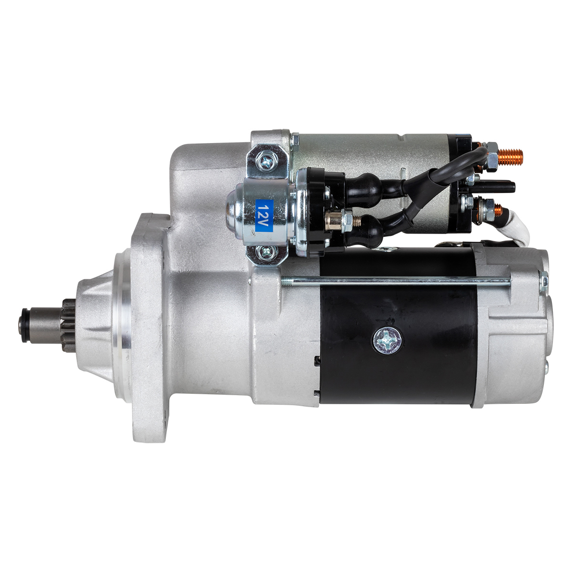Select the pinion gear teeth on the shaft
(x=69, y=325)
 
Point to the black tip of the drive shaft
(x=25, y=326)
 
